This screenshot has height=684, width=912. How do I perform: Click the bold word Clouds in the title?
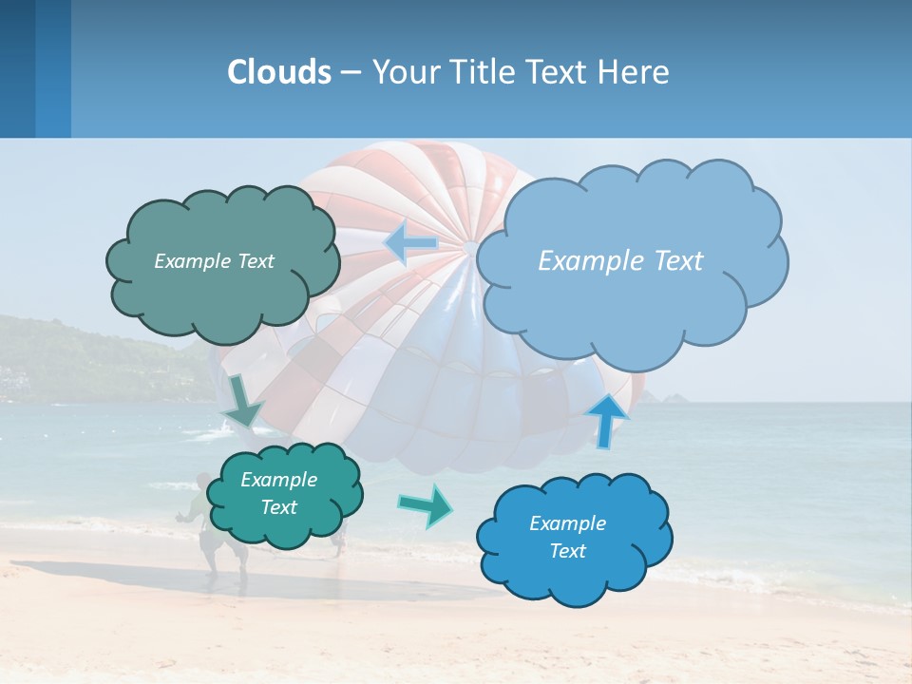(x=279, y=72)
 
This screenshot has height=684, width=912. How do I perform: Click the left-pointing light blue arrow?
(x=410, y=244)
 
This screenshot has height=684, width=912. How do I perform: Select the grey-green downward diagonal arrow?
(x=243, y=401)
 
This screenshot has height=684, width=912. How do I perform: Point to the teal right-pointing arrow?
(x=426, y=504)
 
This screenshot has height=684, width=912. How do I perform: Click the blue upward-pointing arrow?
(x=607, y=420)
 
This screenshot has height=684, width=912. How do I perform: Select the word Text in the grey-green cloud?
(x=256, y=261)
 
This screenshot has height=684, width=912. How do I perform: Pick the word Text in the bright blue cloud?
(x=567, y=551)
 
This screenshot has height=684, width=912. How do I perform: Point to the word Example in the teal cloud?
(x=278, y=480)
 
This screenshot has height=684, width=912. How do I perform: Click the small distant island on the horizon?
(x=676, y=396)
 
